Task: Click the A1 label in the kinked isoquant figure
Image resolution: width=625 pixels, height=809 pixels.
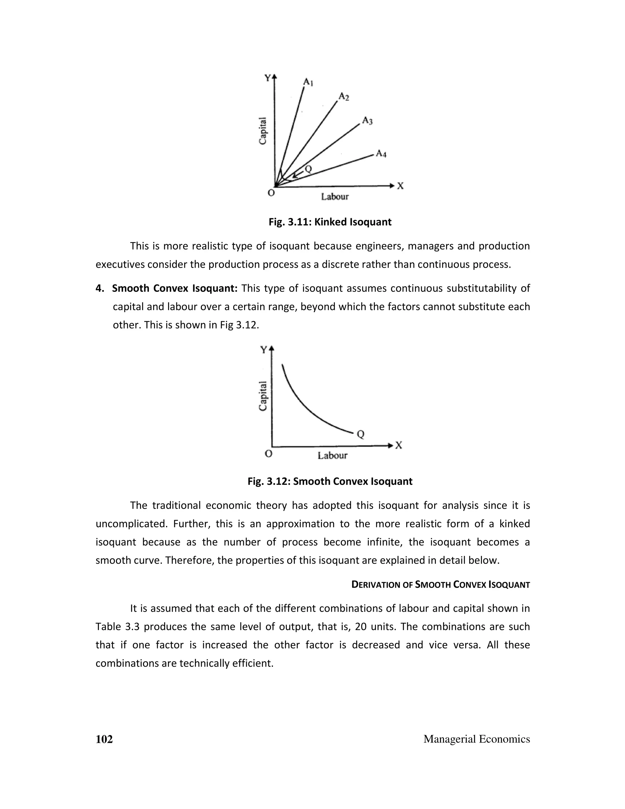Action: pyautogui.click(x=308, y=82)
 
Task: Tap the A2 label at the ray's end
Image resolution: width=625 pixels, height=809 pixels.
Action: pyautogui.click(x=344, y=97)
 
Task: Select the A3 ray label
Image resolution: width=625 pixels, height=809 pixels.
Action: pyautogui.click(x=367, y=121)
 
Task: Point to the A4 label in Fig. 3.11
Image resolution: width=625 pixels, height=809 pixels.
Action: pyautogui.click(x=381, y=154)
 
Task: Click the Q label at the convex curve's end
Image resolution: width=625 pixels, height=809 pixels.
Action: pyautogui.click(x=361, y=434)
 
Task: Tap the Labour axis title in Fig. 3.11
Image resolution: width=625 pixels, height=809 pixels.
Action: pyautogui.click(x=335, y=197)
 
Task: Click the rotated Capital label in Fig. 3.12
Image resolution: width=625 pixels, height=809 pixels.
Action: pyautogui.click(x=262, y=396)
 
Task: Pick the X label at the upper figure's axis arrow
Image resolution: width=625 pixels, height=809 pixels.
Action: pyautogui.click(x=400, y=186)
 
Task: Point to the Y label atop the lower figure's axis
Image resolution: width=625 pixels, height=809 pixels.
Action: pyautogui.click(x=263, y=350)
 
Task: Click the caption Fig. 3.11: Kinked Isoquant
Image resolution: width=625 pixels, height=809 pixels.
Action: pyautogui.click(x=330, y=222)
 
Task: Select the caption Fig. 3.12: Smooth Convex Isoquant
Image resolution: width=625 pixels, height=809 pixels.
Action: pyautogui.click(x=330, y=481)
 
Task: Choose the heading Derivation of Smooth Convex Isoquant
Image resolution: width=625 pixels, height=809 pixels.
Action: pyautogui.click(x=440, y=585)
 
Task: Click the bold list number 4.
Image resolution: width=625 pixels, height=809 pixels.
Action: pyautogui.click(x=99, y=288)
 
